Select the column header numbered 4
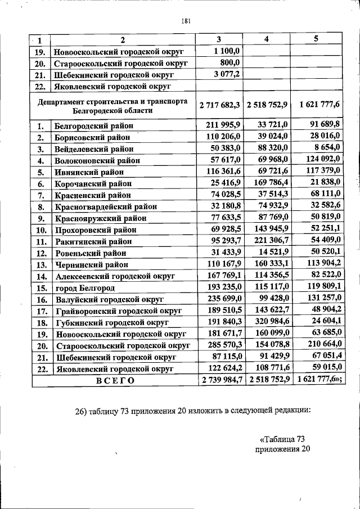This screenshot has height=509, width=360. pyautogui.click(x=267, y=39)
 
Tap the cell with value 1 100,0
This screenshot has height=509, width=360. pyautogui.click(x=227, y=51)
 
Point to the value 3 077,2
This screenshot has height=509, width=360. pyautogui.click(x=227, y=74)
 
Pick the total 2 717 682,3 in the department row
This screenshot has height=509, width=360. pyautogui.click(x=219, y=105)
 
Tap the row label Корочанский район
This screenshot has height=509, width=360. pyautogui.click(x=93, y=183)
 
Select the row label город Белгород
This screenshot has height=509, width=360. pyautogui.click(x=84, y=288)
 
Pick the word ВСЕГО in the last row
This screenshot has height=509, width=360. pyautogui.click(x=115, y=380)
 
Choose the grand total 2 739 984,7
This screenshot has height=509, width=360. pyautogui.click(x=219, y=380)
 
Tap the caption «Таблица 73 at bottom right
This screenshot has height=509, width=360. pyautogui.click(x=282, y=439)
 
